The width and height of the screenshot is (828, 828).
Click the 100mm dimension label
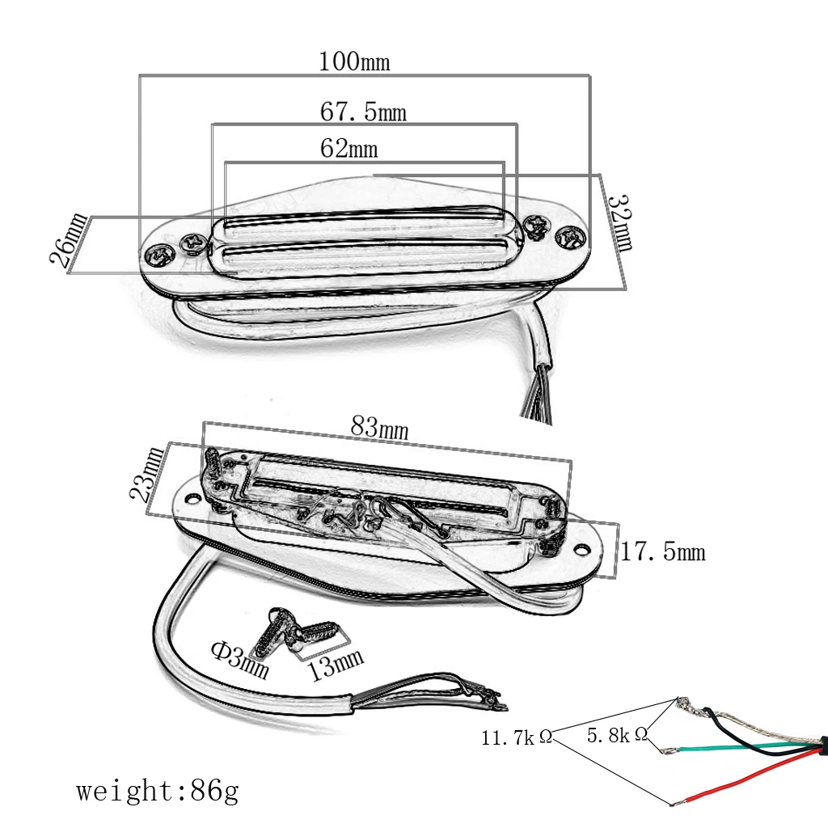[x=353, y=61]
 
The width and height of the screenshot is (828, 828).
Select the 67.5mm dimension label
[x=363, y=112]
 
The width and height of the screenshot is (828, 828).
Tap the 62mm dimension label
[x=349, y=149]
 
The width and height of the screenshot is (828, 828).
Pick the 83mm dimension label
[x=379, y=426]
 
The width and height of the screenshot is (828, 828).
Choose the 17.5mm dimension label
[x=662, y=552]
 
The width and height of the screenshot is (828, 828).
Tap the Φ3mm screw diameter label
[x=240, y=660]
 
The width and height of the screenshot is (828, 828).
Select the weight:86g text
[x=158, y=790]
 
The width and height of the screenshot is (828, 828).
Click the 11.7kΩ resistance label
[x=517, y=737]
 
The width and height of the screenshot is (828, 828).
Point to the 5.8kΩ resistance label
[x=617, y=735]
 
